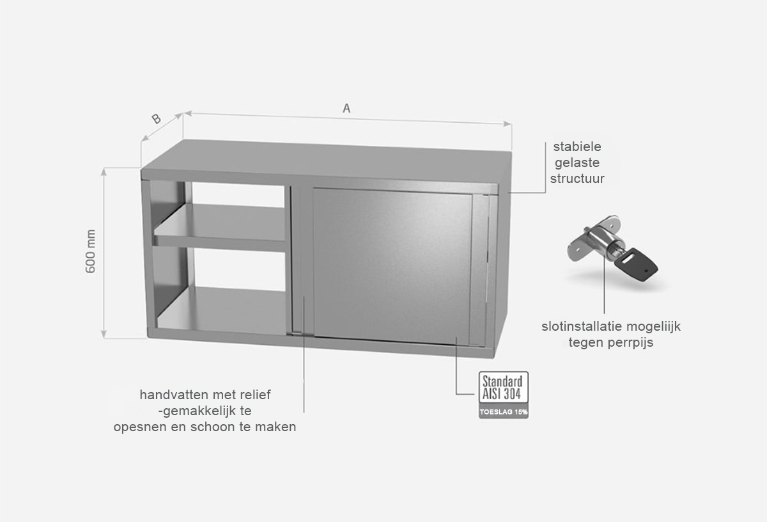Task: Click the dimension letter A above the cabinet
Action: click(346, 108)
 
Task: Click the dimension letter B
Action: click(156, 119)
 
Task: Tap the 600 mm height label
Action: click(90, 251)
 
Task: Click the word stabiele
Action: click(577, 146)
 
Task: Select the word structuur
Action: click(577, 178)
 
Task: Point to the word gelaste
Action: click(577, 162)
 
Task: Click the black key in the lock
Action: click(636, 264)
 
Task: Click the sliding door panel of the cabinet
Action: click(392, 266)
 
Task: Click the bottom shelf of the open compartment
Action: click(222, 310)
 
